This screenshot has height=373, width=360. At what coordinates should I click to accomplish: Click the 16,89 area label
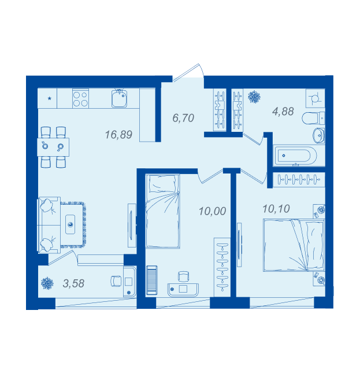[x=118, y=135]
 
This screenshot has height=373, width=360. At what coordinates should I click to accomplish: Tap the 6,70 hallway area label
[x=183, y=118]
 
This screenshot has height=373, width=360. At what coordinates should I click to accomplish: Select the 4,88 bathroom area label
[x=283, y=112]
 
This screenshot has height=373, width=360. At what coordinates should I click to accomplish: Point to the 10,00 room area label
[x=212, y=211]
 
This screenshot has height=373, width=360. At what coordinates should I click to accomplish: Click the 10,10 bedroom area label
[x=276, y=209]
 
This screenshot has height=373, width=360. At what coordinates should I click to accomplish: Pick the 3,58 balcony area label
[x=73, y=283]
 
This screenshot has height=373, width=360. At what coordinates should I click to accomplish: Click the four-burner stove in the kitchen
[x=80, y=99]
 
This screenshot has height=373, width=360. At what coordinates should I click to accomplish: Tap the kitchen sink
[x=119, y=98]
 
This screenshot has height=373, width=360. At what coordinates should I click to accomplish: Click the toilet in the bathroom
[x=313, y=118]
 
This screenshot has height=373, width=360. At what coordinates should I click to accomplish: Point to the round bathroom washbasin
[x=318, y=135]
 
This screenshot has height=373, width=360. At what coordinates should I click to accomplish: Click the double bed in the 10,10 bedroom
[x=294, y=245]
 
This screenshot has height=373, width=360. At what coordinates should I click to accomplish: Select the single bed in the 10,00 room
[x=162, y=211]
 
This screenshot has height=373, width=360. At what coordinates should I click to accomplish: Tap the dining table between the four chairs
[x=53, y=147]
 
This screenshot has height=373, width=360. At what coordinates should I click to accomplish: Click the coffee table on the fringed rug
[x=70, y=224]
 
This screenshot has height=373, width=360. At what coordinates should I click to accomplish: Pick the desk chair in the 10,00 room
[x=183, y=276]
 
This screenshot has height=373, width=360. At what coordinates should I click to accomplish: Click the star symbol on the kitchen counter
[x=50, y=98]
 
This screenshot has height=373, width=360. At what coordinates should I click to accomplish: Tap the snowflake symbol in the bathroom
[x=254, y=97]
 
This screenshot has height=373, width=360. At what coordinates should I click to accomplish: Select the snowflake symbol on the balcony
[x=47, y=283]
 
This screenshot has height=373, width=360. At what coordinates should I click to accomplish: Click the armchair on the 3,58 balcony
[x=116, y=281]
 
